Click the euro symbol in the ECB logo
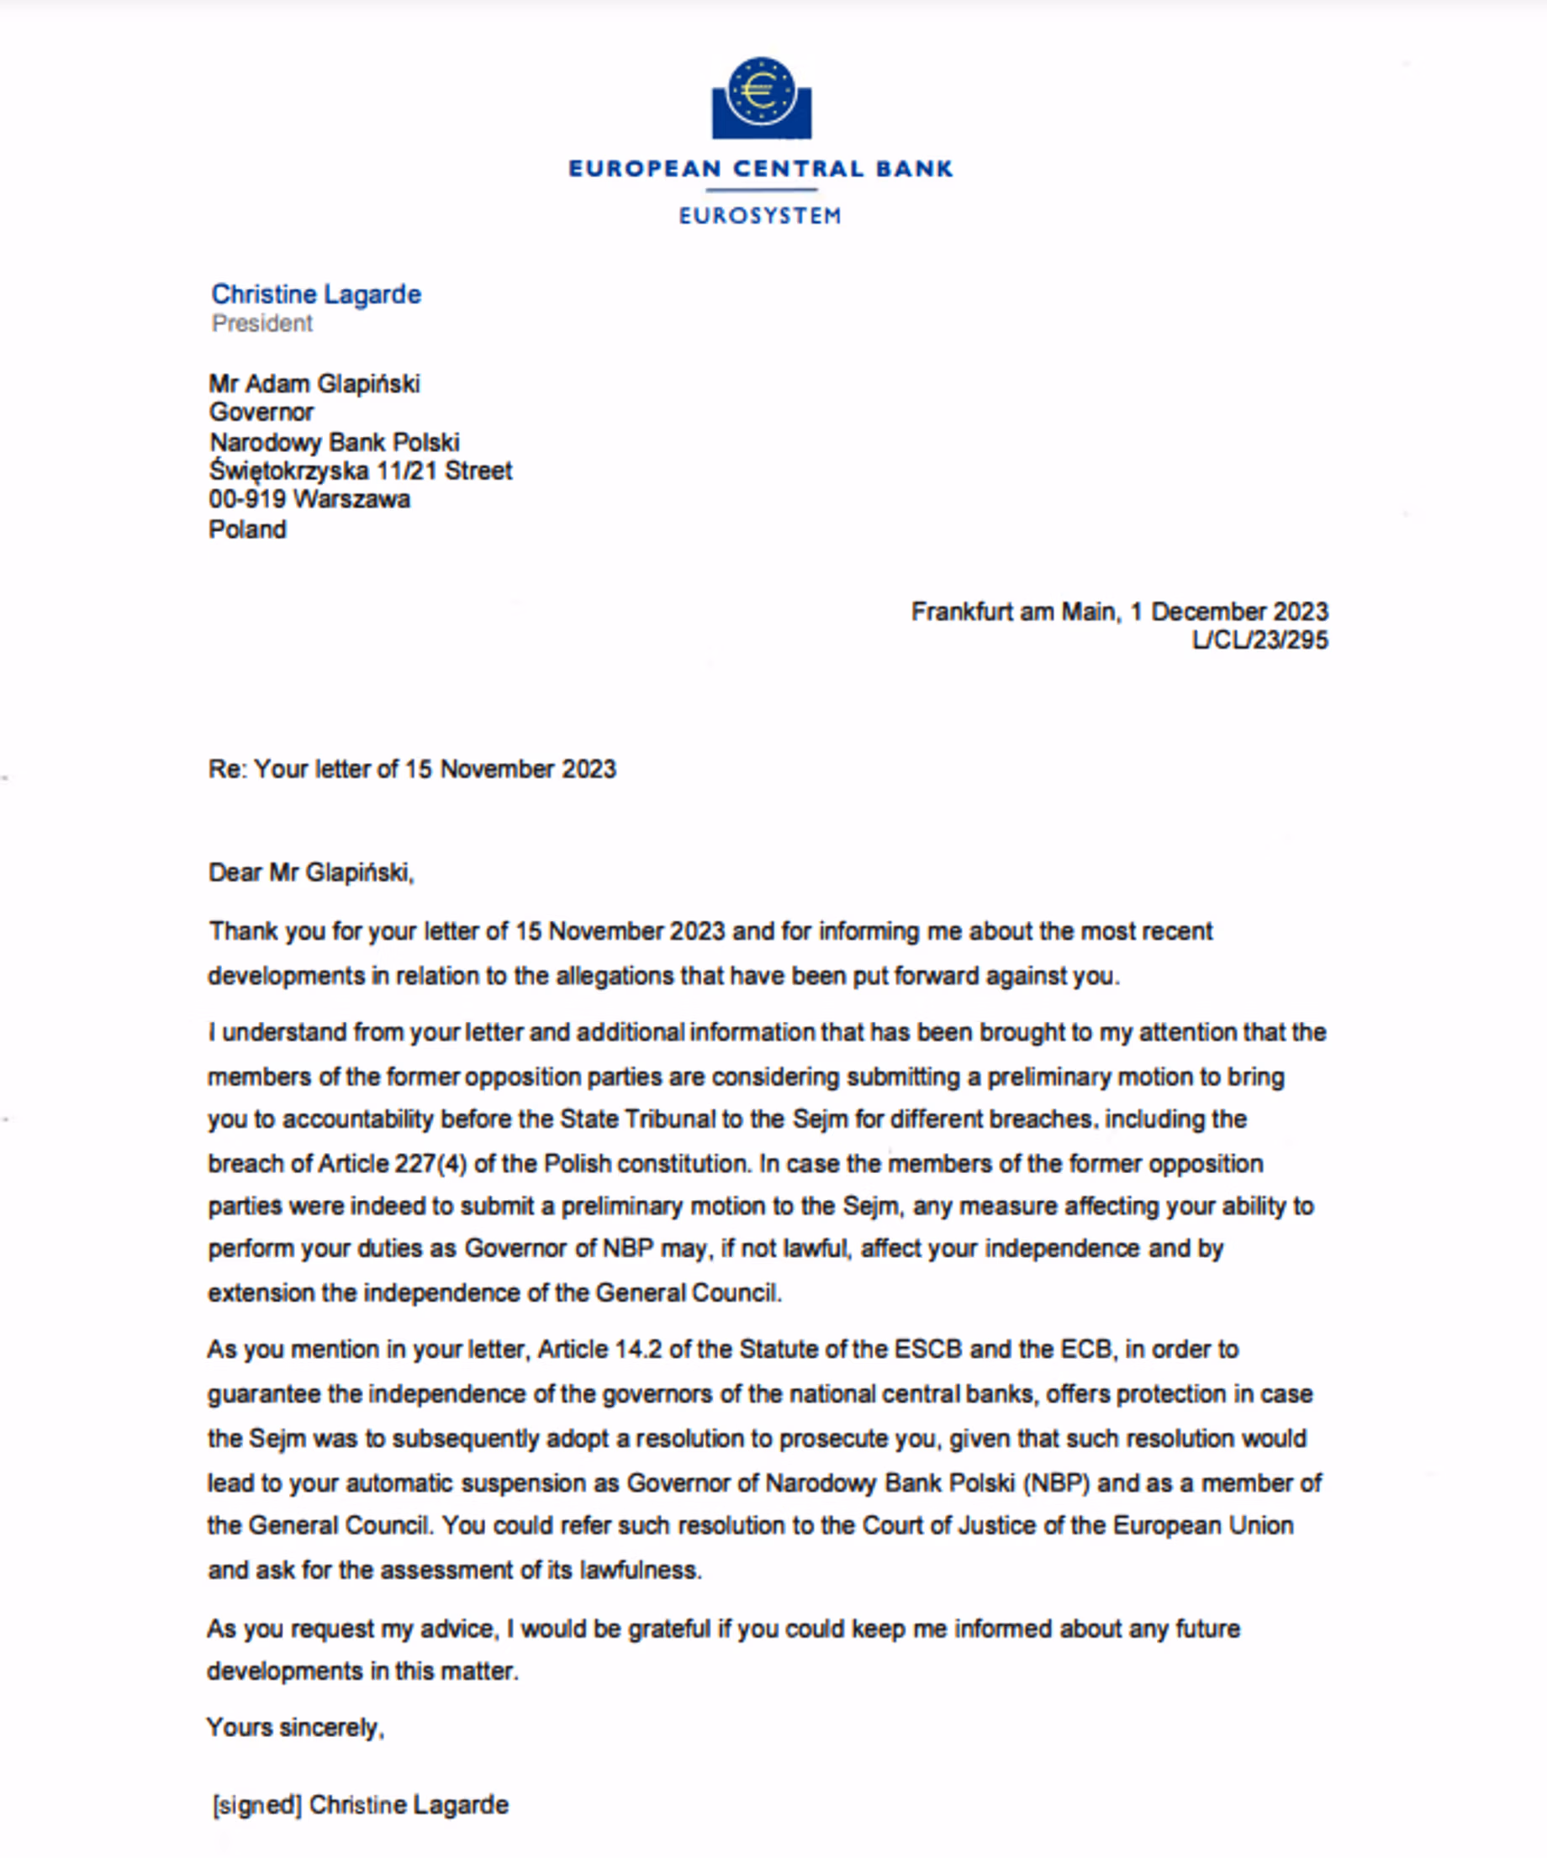(x=759, y=90)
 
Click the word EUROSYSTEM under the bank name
(x=759, y=216)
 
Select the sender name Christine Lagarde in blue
(x=316, y=294)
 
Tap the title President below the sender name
(x=262, y=323)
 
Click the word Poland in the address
(x=247, y=529)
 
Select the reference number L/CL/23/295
(x=1259, y=640)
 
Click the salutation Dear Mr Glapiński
(x=310, y=872)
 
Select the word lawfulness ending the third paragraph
(x=640, y=1570)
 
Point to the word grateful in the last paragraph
(x=669, y=1629)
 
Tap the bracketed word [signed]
(x=256, y=1805)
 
